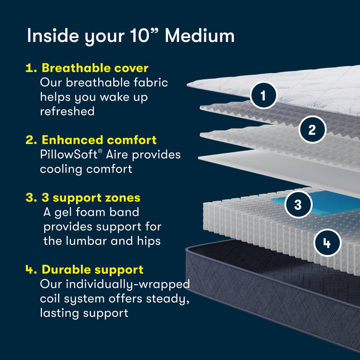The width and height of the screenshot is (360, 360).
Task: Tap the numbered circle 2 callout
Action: pos(312,129)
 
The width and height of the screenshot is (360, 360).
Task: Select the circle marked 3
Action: pos(298,204)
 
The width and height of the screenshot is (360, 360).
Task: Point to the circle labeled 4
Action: pos(326,243)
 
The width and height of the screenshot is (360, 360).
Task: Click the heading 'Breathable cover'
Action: pos(94,68)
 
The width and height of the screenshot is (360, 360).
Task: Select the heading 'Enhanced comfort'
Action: pos(99,140)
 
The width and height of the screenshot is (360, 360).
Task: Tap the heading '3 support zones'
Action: pos(91,198)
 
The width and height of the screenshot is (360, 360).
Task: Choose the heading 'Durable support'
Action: pos(92,270)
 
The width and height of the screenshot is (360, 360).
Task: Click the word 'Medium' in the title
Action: pos(200,36)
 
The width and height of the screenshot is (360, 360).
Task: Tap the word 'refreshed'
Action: pos(67,111)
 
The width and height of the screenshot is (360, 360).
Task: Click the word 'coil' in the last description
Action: pos(51,299)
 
